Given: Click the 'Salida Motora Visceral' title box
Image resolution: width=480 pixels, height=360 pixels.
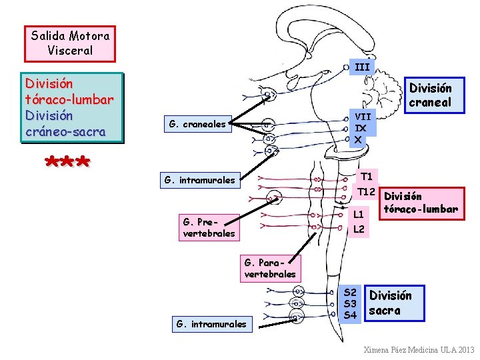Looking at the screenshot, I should [70, 43].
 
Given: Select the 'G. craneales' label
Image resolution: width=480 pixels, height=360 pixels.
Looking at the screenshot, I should [197, 123].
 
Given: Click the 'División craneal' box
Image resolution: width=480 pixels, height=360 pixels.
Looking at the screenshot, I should [430, 95].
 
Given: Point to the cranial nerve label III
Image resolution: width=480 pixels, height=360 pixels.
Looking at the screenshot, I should [361, 67].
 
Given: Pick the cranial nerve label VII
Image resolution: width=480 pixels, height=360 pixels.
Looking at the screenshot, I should [362, 116].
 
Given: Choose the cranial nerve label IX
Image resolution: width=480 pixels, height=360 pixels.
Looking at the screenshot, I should [361, 127].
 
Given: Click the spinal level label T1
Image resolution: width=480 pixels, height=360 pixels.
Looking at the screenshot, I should [366, 177].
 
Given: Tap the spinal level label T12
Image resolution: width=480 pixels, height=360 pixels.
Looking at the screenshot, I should [365, 192].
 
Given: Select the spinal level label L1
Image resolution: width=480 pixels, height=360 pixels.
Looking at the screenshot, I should [359, 214].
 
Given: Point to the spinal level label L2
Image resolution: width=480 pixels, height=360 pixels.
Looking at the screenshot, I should [359, 229].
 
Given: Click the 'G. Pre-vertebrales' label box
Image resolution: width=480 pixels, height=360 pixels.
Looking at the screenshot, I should [209, 227].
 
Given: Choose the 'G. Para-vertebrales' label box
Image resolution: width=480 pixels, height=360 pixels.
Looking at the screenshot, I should [270, 268].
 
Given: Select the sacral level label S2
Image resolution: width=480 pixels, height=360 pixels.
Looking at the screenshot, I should [350, 292].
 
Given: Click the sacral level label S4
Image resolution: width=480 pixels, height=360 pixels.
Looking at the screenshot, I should [350, 315].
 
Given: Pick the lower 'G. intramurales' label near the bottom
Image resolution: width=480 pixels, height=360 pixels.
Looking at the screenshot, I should [211, 325].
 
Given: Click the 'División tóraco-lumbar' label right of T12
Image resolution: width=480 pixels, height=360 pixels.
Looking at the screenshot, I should [421, 203].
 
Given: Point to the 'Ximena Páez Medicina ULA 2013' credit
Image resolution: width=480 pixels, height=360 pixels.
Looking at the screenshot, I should [419, 349].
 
